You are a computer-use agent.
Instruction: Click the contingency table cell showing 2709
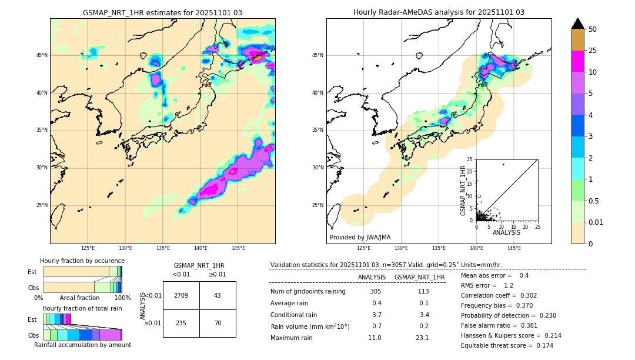click(181, 295)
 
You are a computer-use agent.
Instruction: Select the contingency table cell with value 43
click(218, 295)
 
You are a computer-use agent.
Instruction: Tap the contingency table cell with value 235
click(181, 323)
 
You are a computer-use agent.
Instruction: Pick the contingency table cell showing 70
click(218, 323)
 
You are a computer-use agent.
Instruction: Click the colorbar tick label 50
click(593, 29)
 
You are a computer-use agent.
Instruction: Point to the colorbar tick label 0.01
click(596, 222)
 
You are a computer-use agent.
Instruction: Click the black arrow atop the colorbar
click(578, 24)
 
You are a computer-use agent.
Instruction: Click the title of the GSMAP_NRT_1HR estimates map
click(162, 12)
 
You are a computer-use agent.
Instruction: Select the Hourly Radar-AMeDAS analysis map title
click(439, 12)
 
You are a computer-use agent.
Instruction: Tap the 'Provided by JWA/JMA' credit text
click(360, 237)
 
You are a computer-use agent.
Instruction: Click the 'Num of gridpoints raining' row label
click(308, 292)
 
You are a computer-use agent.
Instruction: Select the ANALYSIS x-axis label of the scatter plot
click(506, 233)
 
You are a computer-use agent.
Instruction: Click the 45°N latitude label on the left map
click(42, 55)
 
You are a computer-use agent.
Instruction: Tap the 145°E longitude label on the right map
click(514, 249)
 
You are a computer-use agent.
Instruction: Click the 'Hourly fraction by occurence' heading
click(82, 261)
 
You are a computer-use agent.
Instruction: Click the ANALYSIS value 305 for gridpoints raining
click(375, 292)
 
